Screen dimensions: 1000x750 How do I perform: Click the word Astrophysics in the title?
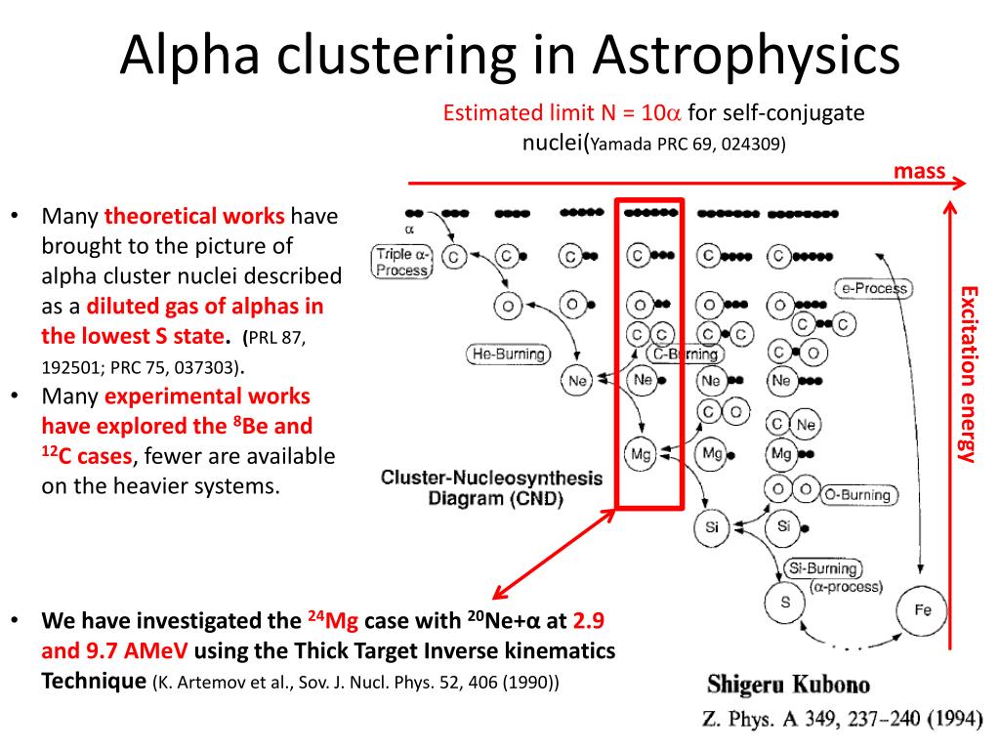tap(746, 56)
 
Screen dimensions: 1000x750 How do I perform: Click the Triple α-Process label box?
tap(401, 262)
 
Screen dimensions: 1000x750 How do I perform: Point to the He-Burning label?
tap(508, 354)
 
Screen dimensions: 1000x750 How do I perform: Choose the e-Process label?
tap(874, 288)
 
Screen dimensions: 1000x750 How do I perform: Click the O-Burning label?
tap(857, 495)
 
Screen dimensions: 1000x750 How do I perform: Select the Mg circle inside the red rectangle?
tap(641, 454)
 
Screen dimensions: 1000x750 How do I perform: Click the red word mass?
tap(919, 171)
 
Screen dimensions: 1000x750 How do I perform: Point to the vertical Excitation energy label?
tap(969, 374)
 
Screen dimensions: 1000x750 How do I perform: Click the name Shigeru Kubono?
tap(788, 685)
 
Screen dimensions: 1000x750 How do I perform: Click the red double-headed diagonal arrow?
tap(555, 553)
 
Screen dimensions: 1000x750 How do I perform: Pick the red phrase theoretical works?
tap(194, 216)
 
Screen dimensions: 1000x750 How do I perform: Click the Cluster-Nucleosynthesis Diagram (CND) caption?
tap(492, 488)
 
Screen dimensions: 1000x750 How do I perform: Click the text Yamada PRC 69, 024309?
tap(687, 144)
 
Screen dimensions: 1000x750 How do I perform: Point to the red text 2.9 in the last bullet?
tap(588, 620)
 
